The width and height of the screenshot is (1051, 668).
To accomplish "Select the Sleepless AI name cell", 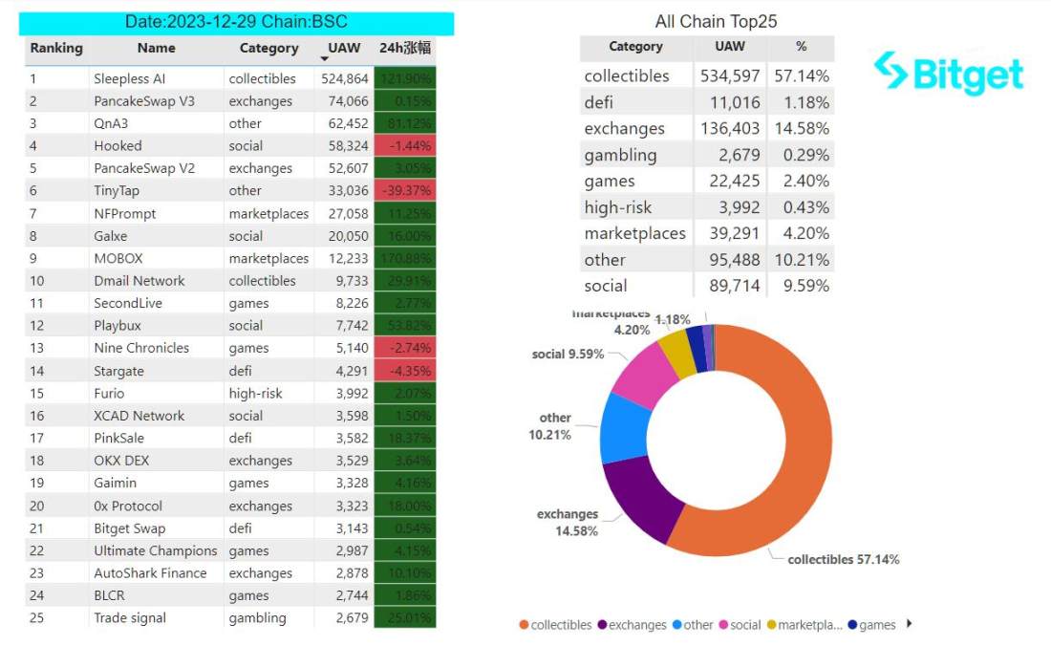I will pos(129,78).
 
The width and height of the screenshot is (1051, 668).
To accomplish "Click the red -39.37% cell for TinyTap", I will pos(405,190).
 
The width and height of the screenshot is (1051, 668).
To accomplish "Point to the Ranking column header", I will pos(56,48).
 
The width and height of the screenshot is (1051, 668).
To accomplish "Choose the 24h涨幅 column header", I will pos(405,48).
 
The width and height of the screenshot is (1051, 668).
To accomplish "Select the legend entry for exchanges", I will pos(632,625).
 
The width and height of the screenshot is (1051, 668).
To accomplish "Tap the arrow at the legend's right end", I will pos(909,624).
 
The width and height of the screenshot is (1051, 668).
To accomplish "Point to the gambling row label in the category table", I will pos(620,155).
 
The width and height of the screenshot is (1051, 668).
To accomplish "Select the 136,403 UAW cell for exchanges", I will pos(732,128).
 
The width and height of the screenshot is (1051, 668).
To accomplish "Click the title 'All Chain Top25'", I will pos(716,21).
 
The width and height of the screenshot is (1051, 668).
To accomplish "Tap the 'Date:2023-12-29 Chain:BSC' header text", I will pos(236,22).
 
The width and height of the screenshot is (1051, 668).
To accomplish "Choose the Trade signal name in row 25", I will pos(130,617).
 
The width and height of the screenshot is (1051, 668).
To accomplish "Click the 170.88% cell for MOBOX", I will pos(405,258).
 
